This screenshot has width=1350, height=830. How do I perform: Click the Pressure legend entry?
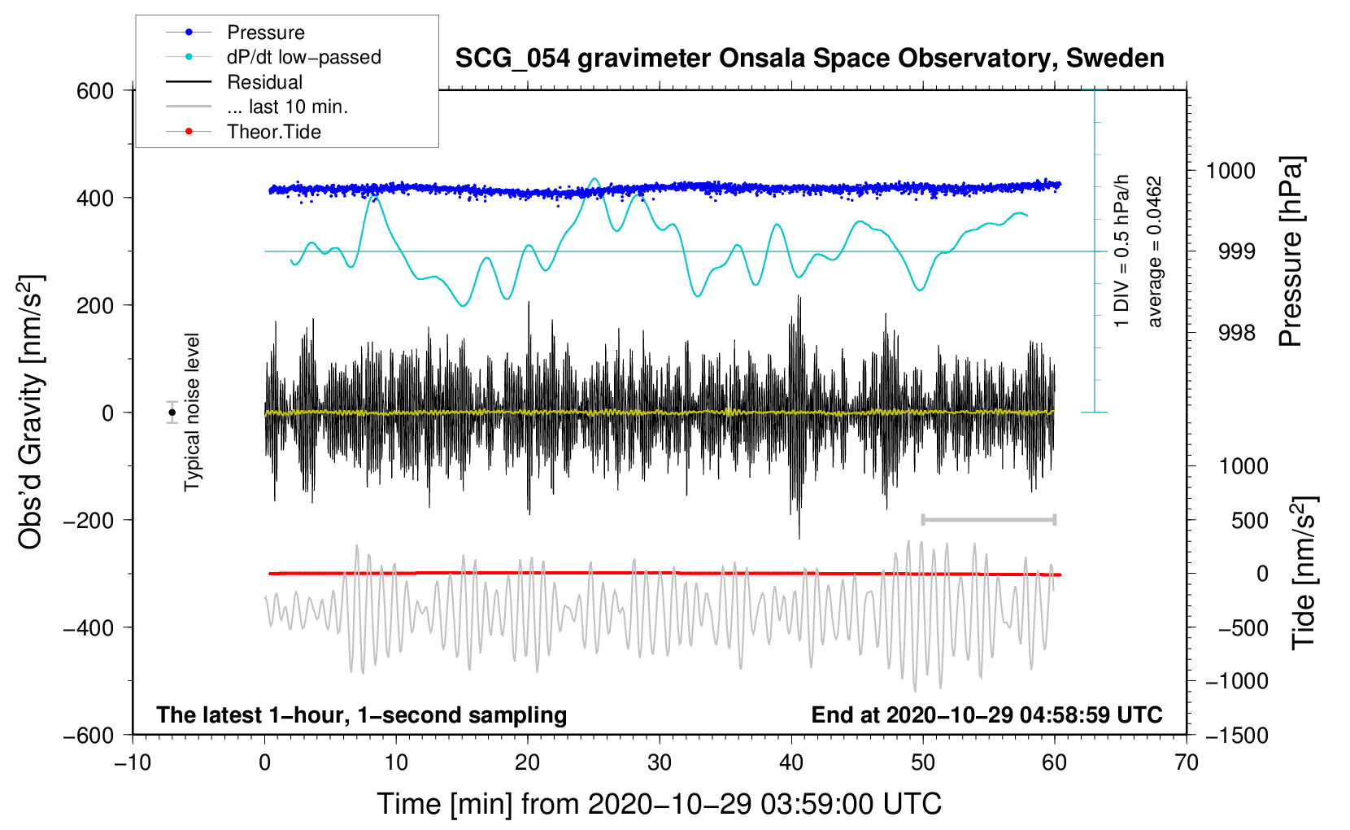click(x=235, y=32)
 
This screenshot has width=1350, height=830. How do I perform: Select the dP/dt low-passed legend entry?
click(x=273, y=57)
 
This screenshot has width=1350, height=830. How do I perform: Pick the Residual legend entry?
click(x=234, y=82)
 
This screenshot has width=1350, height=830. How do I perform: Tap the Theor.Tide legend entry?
click(x=243, y=132)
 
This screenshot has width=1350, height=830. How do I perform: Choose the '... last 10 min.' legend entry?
click(x=257, y=107)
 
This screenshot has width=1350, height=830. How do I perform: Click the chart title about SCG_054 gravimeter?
click(x=809, y=59)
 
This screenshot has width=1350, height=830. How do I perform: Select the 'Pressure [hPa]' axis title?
click(x=1291, y=251)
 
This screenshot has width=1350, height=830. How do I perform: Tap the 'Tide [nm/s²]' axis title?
click(x=1304, y=573)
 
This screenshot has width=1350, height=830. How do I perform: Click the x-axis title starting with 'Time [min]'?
click(x=659, y=804)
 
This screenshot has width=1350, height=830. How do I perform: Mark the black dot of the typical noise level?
click(x=172, y=413)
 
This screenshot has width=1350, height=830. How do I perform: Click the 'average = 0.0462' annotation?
click(x=1154, y=251)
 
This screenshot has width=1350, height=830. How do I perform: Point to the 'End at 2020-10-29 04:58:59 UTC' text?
click(x=986, y=714)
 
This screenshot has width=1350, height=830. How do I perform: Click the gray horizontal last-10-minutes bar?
click(x=988, y=519)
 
